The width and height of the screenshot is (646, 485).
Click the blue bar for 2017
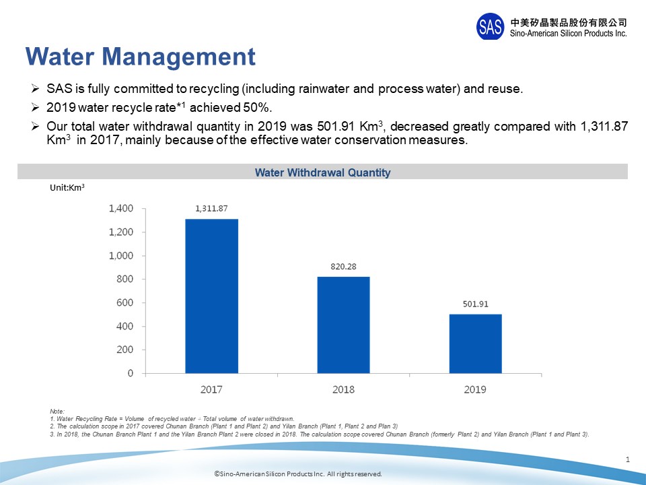211,296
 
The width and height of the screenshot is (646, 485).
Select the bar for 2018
343,325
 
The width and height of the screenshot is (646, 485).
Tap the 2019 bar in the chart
475,344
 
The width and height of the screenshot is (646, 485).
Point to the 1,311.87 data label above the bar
211,208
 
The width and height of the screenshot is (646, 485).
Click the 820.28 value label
343,266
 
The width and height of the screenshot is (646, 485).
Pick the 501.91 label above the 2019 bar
475,304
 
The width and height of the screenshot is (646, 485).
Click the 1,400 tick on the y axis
121,209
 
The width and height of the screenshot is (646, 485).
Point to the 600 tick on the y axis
125,302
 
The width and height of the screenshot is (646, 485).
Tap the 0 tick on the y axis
130,373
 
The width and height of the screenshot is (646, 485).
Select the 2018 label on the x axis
343,389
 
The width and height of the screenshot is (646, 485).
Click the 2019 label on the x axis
475,389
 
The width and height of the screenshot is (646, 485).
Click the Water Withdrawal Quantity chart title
322,172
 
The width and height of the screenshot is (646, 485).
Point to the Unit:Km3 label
67,190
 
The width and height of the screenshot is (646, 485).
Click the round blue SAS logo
490,26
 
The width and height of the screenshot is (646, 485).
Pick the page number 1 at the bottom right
627,459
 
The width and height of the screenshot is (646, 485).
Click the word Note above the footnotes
57,411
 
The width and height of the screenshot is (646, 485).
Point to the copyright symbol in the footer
217,474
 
